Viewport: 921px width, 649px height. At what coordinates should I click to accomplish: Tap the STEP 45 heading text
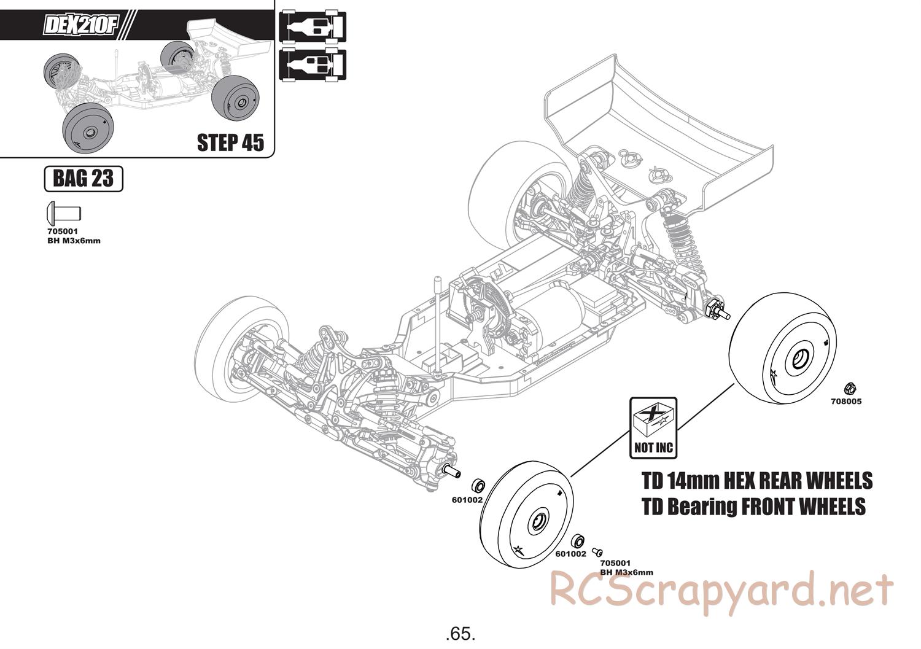(230, 142)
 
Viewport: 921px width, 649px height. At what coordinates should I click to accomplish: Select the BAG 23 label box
(84, 179)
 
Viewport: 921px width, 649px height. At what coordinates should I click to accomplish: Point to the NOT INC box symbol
(653, 427)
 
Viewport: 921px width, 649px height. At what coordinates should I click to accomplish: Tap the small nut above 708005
(850, 387)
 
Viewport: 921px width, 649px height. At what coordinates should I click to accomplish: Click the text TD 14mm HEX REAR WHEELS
(756, 480)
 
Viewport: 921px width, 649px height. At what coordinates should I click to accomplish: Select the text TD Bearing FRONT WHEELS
(753, 507)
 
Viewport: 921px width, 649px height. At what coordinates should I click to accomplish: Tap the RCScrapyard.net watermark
(721, 591)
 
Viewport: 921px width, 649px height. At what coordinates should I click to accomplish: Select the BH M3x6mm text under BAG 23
(73, 241)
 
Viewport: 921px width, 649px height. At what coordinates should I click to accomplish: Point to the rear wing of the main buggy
(663, 129)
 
